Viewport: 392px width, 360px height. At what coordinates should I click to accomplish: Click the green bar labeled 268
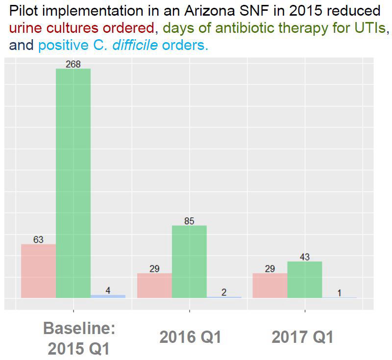tap(73, 183)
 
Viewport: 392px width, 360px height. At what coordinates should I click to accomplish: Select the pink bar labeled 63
tap(38, 271)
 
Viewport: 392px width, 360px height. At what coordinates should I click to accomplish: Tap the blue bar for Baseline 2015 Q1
tap(108, 296)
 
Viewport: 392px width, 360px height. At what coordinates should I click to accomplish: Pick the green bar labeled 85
tap(189, 262)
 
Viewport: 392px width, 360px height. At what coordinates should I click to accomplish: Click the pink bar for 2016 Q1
tap(154, 286)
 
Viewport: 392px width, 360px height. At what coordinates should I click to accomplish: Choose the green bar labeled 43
tap(304, 280)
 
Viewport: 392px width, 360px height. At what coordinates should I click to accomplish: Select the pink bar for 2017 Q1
tap(269, 286)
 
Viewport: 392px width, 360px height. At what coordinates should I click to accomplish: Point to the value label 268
tap(73, 64)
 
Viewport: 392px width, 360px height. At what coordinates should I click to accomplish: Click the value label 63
tap(38, 240)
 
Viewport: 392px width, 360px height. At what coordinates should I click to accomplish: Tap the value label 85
tap(189, 221)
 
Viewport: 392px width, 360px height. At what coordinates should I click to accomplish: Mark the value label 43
tap(304, 257)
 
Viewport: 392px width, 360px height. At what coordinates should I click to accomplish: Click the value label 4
tap(108, 290)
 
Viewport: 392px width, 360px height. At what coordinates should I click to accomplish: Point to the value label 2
tap(224, 292)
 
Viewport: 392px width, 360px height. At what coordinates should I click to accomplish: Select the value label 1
tap(339, 293)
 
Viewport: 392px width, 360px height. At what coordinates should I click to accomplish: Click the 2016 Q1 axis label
tap(190, 337)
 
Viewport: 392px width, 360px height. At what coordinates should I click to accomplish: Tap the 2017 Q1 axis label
tap(302, 337)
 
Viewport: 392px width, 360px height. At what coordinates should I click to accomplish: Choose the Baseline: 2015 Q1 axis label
tap(78, 338)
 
